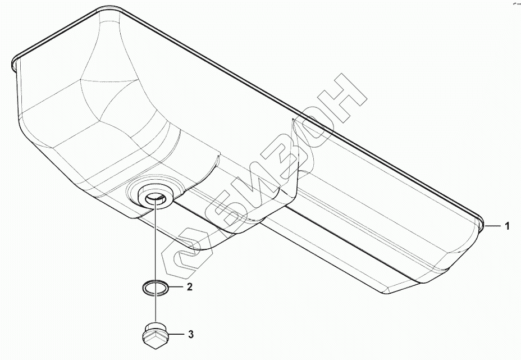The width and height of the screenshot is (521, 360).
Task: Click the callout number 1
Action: coord(507,226)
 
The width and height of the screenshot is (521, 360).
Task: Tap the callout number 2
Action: coord(190,287)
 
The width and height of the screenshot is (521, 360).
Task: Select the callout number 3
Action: coord(191,335)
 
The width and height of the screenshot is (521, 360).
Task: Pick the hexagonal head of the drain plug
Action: coord(154,339)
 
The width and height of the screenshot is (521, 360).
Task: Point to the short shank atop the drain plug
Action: coord(153,328)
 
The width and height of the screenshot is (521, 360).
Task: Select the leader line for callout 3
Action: coord(176,335)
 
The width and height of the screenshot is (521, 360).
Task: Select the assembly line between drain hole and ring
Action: coord(154,241)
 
